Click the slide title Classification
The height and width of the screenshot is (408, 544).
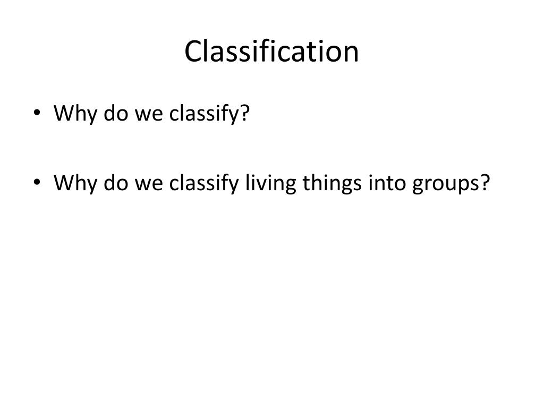pyautogui.click(x=271, y=52)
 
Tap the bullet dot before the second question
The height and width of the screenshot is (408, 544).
pyautogui.click(x=36, y=183)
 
